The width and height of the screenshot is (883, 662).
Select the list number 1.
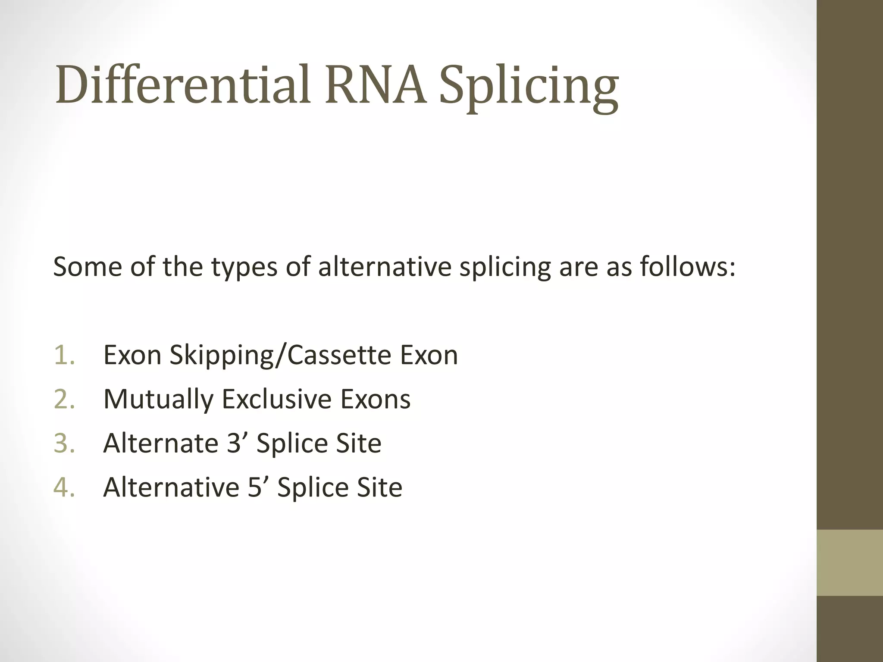pos(65,355)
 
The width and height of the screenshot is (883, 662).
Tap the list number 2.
pos(65,399)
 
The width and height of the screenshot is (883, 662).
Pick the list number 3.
pos(65,443)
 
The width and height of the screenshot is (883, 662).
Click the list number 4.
pos(65,487)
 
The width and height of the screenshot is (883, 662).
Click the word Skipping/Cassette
pos(280,356)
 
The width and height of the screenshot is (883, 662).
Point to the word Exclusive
pos(277,399)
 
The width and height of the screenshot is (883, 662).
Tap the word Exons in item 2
pos(376,399)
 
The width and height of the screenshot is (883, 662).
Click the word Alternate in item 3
pos(160,443)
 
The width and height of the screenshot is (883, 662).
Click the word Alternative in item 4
pos(171,487)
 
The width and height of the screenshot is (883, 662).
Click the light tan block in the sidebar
pos(850,562)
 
